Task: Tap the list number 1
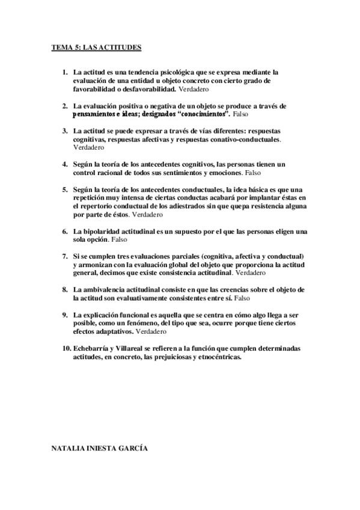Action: (64, 72)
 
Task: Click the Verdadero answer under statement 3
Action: (88, 147)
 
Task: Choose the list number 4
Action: (64, 164)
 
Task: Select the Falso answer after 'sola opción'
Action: (119, 239)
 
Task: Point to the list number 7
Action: (64, 256)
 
